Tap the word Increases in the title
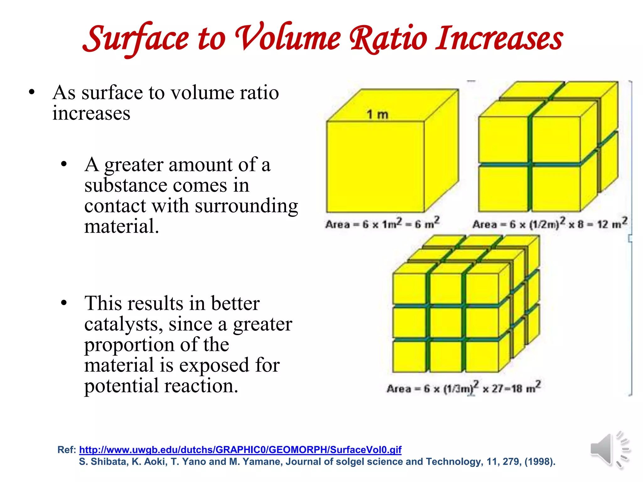coord(499,39)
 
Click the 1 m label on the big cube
coord(377,115)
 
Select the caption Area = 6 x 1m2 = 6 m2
coord(382,224)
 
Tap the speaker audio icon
coord(609,449)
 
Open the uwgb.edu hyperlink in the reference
coord(240,450)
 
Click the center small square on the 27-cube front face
coord(446,322)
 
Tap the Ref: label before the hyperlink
coord(67,450)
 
